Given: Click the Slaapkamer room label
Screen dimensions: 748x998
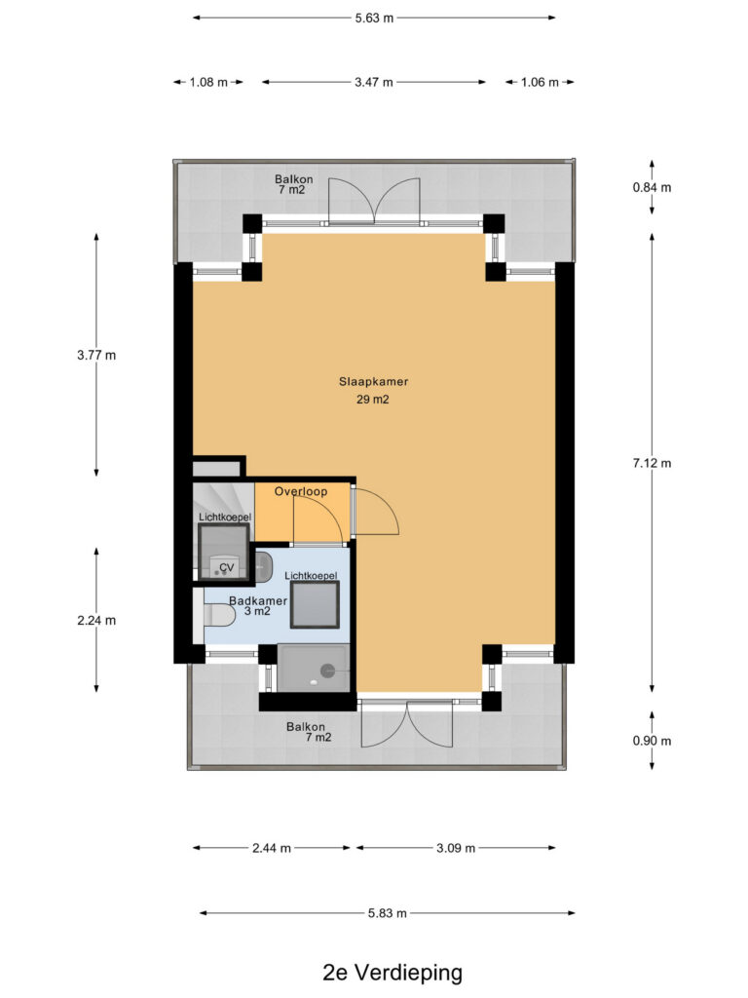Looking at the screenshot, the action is [373, 382].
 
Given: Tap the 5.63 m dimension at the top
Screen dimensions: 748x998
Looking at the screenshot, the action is [375, 18].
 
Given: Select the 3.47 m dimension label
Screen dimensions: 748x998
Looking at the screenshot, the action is [374, 82].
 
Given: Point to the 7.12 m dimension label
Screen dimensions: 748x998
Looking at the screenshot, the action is [652, 463].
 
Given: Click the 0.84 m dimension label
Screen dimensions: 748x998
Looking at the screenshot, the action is [652, 188].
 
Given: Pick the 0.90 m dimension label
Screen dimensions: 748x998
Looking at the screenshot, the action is [652, 741].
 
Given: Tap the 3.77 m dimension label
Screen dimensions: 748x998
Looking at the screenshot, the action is [96, 356].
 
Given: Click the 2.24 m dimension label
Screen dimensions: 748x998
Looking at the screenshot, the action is [96, 621].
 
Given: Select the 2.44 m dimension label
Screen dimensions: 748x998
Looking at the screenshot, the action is [272, 849].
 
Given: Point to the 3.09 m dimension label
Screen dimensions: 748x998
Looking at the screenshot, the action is [456, 849].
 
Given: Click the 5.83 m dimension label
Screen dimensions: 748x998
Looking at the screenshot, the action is [388, 913].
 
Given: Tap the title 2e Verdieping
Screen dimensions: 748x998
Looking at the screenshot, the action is [393, 974].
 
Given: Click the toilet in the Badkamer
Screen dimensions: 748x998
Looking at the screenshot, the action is [216, 615].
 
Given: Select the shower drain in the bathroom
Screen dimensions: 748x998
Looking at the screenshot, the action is [328, 670].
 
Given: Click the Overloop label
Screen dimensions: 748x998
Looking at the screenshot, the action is [301, 491].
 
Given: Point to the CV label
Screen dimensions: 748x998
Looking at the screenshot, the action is [226, 568].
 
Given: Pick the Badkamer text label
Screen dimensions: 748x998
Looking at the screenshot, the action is [258, 600].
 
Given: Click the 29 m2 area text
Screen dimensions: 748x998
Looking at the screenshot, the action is [373, 400].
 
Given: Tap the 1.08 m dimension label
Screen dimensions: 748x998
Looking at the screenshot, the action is [208, 82].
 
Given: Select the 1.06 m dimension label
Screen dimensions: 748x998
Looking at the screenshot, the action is [540, 82].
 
